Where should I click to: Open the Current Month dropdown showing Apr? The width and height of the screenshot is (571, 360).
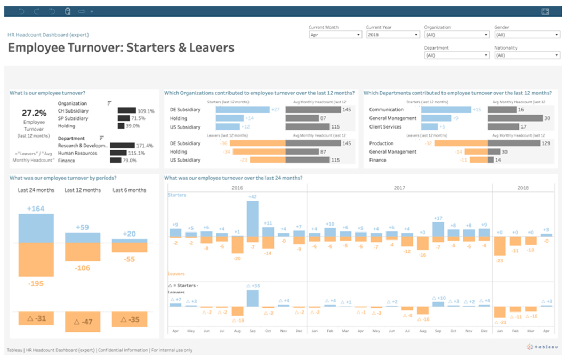point(335,35)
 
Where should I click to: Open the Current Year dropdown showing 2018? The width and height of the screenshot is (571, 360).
point(393,35)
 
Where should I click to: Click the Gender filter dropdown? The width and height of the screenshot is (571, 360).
point(527,35)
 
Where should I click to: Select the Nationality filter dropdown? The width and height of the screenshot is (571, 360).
point(527,55)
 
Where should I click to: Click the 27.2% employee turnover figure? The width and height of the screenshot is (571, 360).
point(34,113)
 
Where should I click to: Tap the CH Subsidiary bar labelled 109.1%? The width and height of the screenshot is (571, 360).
point(127,111)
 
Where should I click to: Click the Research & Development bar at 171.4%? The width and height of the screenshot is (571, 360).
point(122,145)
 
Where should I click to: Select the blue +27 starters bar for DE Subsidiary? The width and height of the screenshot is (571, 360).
point(243,110)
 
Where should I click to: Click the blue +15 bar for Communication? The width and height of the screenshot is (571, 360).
point(446,110)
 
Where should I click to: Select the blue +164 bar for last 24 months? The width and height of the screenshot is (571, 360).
point(36,228)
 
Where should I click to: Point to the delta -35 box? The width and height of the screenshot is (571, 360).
point(130,319)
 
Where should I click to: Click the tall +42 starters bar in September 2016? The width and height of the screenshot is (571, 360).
point(253,219)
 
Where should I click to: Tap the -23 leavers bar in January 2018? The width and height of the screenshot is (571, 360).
point(500,246)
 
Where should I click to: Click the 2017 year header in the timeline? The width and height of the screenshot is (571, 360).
point(399,188)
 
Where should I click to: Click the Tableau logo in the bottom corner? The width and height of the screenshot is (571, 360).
point(543,347)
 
